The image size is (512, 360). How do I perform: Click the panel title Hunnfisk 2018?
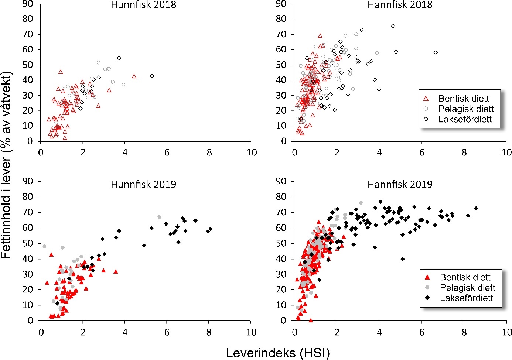(143, 5)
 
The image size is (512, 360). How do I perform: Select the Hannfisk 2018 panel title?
(400, 5)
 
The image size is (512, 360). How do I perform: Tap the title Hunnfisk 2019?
(143, 184)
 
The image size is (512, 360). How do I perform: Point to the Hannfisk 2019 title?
(400, 184)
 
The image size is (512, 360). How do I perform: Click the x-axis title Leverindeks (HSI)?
(277, 353)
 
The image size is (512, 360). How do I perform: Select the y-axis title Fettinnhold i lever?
(7, 164)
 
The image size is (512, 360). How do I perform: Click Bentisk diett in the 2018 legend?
(464, 99)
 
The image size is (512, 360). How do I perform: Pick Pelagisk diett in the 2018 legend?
(466, 109)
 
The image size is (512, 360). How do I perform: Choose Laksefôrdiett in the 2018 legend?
(465, 119)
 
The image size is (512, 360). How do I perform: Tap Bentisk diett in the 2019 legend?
(465, 277)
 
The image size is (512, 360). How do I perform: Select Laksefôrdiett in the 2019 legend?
(466, 298)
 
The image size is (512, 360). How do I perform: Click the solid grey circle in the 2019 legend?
(427, 288)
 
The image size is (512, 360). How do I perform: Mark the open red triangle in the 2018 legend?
(426, 99)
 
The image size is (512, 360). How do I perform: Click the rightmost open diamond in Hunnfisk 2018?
(152, 76)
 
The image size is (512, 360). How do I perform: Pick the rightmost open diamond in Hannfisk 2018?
(436, 52)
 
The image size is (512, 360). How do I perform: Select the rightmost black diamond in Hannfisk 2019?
(476, 208)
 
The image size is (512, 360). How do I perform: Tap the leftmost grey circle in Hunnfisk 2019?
(44, 246)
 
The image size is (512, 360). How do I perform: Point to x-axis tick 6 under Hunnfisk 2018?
(167, 152)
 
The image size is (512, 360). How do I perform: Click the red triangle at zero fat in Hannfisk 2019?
(311, 320)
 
